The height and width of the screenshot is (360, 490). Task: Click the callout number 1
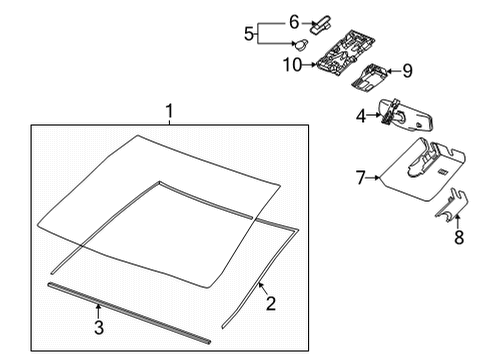click(x=169, y=109)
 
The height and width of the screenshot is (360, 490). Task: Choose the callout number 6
click(x=294, y=20)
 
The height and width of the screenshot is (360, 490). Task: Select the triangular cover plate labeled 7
click(x=420, y=165)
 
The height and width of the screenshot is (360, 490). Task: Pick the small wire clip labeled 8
click(x=455, y=208)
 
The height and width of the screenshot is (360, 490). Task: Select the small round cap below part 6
click(x=301, y=42)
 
